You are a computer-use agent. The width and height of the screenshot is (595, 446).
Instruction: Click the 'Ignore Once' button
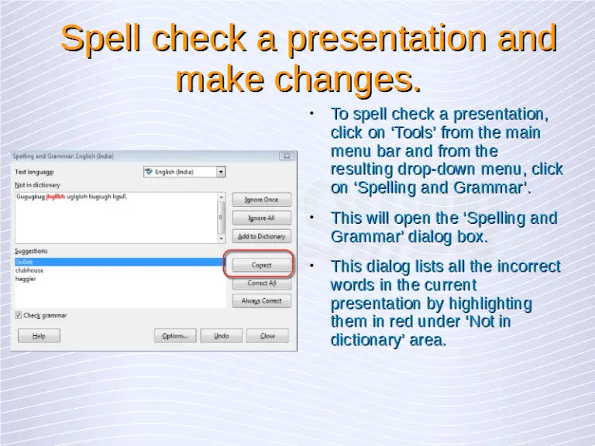(x=261, y=200)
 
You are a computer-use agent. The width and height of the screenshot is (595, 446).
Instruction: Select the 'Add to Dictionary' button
(x=261, y=236)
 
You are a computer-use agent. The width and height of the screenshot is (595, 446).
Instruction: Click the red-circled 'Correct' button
(x=261, y=265)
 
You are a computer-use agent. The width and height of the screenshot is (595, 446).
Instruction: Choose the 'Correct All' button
(x=261, y=283)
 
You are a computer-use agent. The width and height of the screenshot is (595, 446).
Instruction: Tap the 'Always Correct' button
(x=261, y=300)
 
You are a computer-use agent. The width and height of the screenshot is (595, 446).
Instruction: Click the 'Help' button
(x=39, y=336)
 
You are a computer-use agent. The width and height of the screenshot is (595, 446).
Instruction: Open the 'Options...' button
(x=174, y=336)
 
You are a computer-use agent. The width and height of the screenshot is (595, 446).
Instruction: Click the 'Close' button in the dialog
(x=267, y=336)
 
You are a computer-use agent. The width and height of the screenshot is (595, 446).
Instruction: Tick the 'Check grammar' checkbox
(x=19, y=315)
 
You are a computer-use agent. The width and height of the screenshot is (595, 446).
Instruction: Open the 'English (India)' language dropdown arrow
(x=221, y=172)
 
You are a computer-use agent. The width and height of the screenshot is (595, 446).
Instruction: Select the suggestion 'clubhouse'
(x=29, y=271)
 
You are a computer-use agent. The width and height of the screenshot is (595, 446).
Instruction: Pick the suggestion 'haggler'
(x=26, y=279)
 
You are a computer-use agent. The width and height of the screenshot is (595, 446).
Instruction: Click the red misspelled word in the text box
(x=55, y=197)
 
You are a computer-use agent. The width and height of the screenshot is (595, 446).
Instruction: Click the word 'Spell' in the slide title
(x=103, y=39)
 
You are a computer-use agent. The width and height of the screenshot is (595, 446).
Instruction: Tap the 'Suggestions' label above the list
(x=30, y=251)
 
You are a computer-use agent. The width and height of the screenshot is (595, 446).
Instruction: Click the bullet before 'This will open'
(x=311, y=218)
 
